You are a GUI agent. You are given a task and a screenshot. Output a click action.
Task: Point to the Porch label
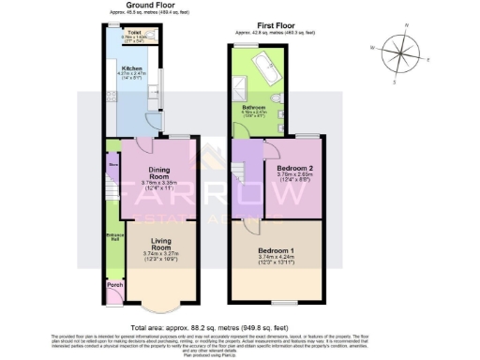pos(114,284)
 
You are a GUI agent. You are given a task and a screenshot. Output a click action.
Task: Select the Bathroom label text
pos(253,109)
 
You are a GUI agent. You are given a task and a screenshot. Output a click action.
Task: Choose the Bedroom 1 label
pos(276,252)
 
